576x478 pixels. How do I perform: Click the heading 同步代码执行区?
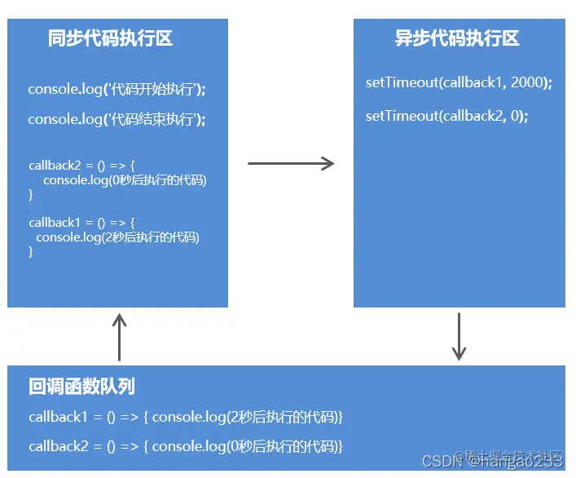(110, 38)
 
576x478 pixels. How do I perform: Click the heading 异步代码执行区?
(457, 38)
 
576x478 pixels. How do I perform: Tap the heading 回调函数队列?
(81, 387)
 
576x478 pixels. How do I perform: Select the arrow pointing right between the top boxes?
(291, 164)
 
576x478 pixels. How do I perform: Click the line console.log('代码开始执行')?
(117, 89)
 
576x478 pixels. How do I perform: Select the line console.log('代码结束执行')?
(117, 119)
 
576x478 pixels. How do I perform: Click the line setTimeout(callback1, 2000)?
(459, 83)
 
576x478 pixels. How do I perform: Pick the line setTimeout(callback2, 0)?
(446, 116)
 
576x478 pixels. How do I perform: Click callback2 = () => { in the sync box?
(81, 166)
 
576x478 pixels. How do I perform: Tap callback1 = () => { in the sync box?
(81, 223)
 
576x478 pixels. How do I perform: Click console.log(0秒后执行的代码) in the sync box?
(125, 180)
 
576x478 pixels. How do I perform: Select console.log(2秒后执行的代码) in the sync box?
(118, 237)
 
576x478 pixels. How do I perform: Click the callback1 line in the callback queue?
(186, 417)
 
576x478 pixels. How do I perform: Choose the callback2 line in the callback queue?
(186, 446)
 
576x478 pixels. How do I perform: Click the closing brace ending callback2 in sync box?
(31, 195)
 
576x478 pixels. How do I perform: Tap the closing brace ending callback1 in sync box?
(31, 252)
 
